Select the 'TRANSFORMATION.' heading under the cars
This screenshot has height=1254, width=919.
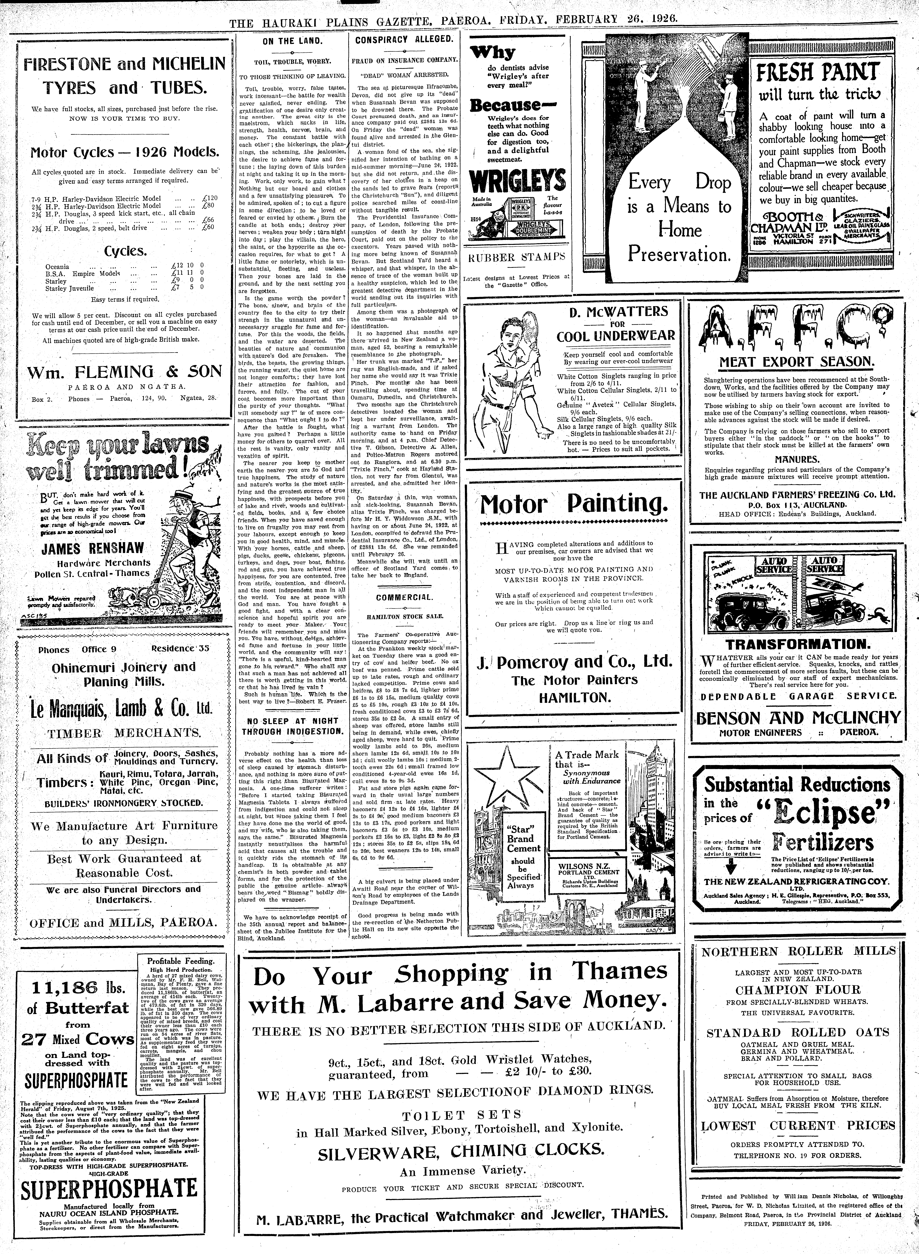point(797,644)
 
